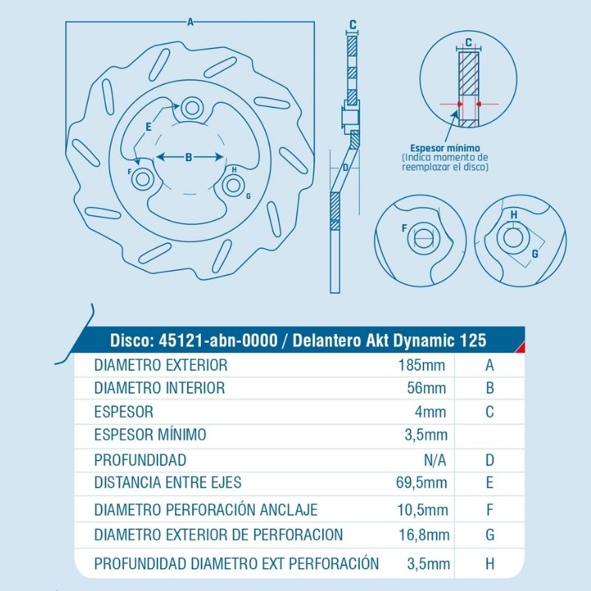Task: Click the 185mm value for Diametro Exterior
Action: (422, 365)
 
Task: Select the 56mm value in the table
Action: (426, 389)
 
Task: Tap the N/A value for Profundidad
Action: (434, 460)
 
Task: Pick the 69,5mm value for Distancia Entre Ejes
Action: (421, 482)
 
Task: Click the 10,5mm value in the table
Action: (423, 510)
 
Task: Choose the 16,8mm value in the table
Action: (424, 535)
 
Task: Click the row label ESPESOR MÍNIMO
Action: (150, 434)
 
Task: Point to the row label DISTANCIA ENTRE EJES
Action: (168, 482)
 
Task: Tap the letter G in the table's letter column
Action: (490, 535)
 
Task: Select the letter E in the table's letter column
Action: (490, 482)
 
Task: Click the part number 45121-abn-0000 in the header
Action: (218, 341)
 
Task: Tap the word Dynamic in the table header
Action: (423, 341)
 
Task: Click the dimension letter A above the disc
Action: (191, 22)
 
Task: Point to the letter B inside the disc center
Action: (189, 157)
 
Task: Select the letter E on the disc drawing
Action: (148, 127)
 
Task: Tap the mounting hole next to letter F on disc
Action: (143, 179)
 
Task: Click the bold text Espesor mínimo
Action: (445, 148)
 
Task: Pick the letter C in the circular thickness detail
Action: (468, 43)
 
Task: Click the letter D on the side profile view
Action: (345, 167)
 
